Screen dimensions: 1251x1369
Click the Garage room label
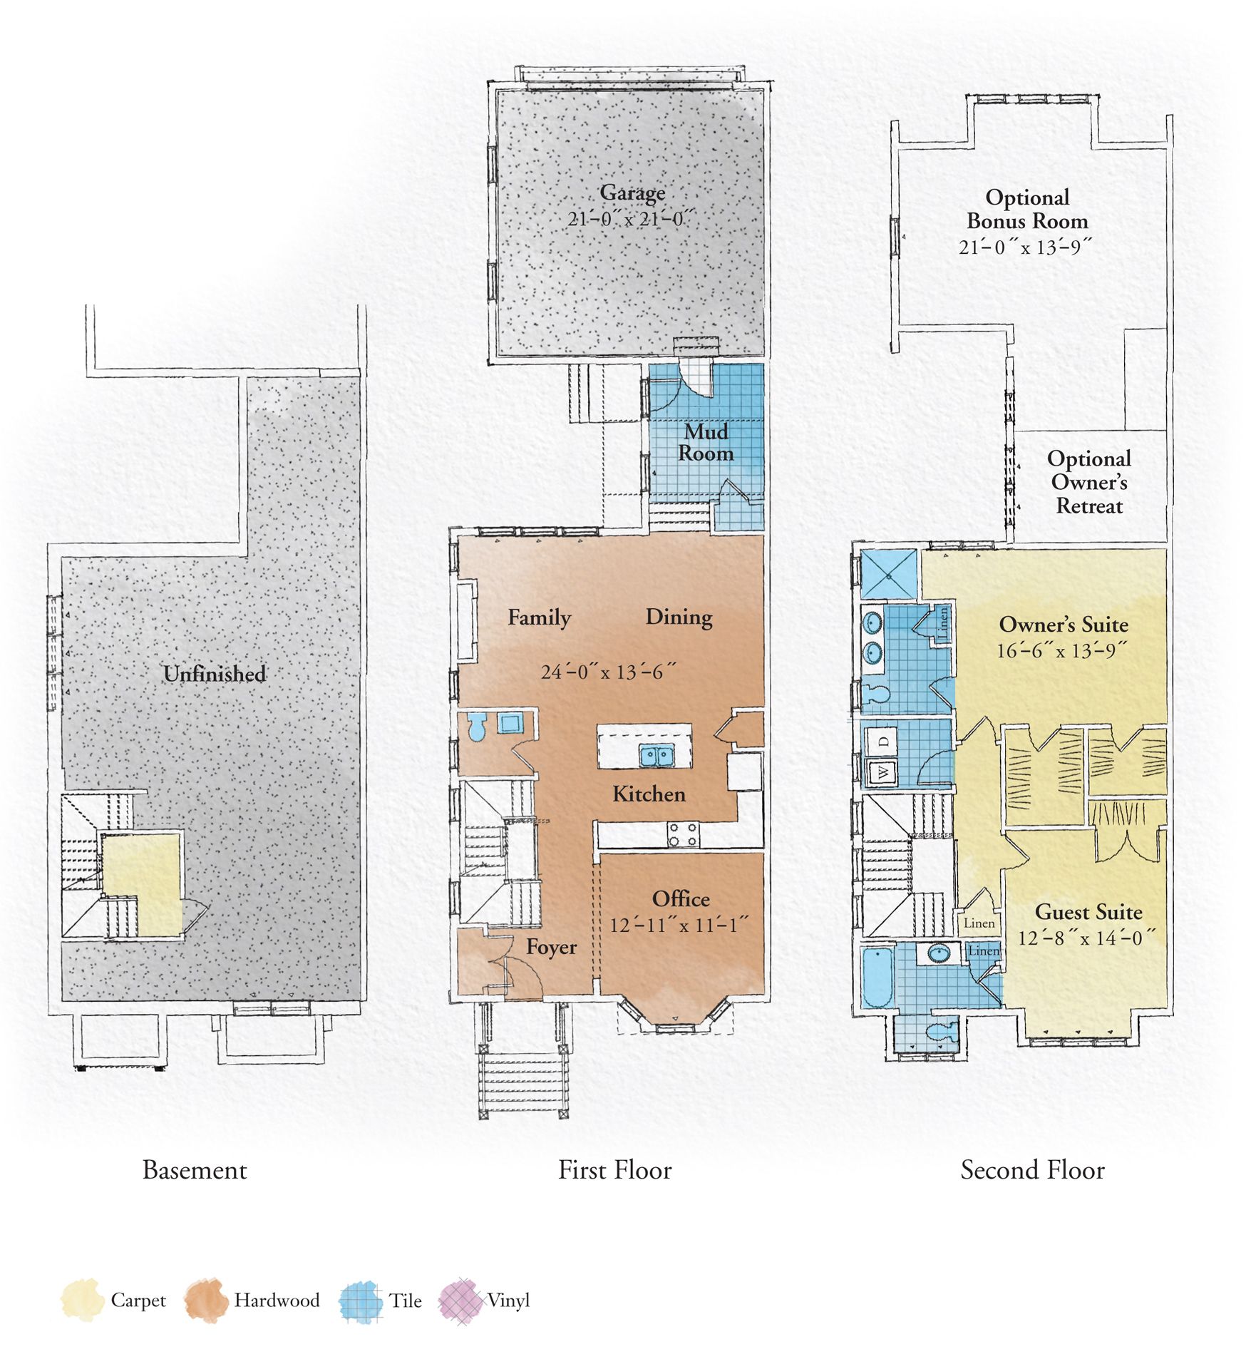click(632, 193)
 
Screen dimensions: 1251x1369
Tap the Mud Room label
click(706, 443)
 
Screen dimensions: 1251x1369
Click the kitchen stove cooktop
click(683, 834)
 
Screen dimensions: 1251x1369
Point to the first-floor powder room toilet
click(476, 728)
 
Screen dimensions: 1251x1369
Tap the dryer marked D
click(882, 741)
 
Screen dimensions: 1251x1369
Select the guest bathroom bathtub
click(877, 977)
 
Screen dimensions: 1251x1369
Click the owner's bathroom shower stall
click(889, 575)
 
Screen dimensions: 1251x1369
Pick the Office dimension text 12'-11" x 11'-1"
click(679, 926)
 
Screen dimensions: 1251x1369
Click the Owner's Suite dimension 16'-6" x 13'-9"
click(1063, 650)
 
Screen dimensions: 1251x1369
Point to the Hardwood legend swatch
click(205, 1300)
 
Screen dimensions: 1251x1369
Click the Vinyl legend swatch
click(461, 1301)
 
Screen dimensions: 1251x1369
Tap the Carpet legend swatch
click(83, 1300)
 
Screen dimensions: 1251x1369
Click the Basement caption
click(195, 1171)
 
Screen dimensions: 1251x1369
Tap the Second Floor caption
click(1032, 1171)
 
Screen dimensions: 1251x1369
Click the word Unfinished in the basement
click(215, 674)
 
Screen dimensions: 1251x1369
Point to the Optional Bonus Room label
click(1027, 209)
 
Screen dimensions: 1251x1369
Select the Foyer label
click(551, 948)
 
